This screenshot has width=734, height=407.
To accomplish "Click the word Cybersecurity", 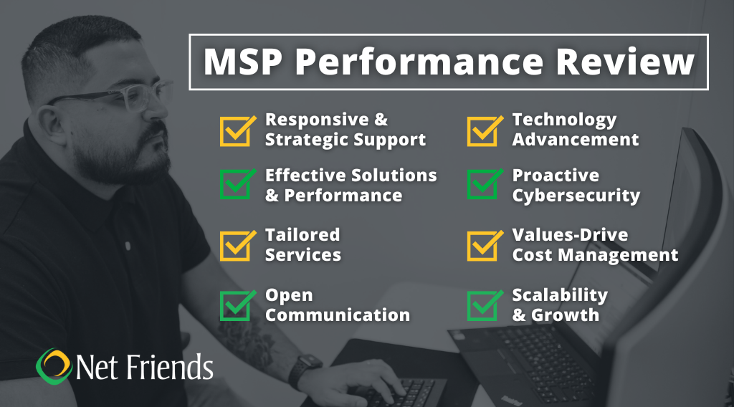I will coord(576,196).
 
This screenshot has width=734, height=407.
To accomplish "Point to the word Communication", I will coord(338,315).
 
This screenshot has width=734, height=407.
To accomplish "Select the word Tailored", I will coord(302,235).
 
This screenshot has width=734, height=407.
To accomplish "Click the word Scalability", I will coord(560,295).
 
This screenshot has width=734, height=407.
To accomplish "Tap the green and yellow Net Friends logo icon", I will coord(54,365).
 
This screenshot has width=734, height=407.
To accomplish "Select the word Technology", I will coord(564,120).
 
